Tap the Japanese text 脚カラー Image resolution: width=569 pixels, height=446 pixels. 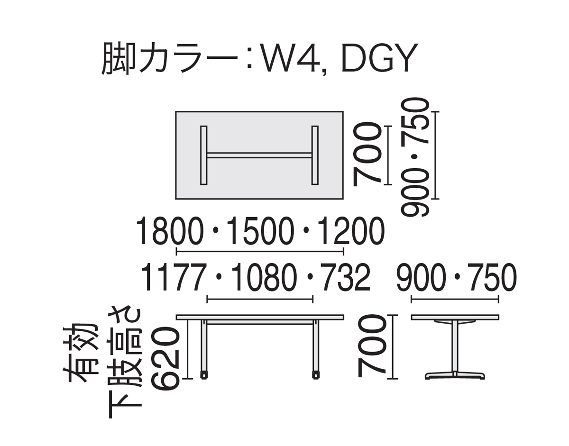coord(169,58)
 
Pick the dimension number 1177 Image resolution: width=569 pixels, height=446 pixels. coord(172,277)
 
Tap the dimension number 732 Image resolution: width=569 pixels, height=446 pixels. coord(345,277)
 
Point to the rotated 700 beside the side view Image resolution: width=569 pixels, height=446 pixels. coord(372,346)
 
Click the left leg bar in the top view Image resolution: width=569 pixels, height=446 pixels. coord(204,155)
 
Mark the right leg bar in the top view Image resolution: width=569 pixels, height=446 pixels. coord(315,155)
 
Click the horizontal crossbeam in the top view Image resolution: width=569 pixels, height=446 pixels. coord(259,155)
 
